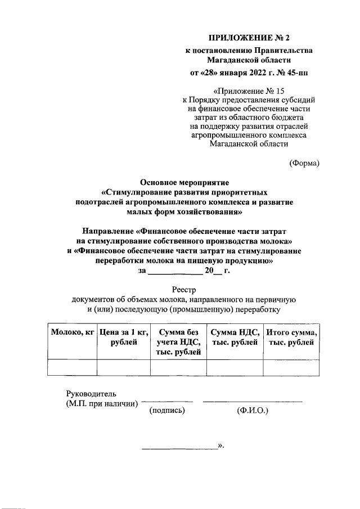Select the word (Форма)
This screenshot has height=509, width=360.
pos(304,163)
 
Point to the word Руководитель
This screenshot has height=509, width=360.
pos(91,394)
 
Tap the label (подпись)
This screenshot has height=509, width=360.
pos(167,411)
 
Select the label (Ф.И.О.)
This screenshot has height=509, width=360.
pos(253,411)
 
